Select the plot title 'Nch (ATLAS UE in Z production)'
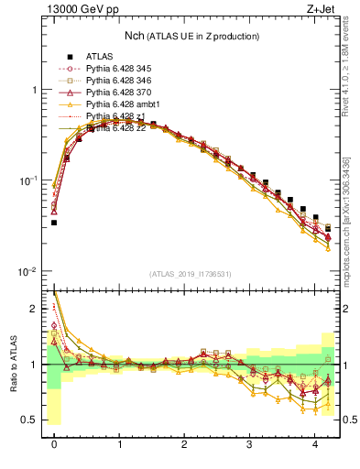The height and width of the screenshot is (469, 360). [x=192, y=36]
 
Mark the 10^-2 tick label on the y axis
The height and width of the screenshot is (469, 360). [x=29, y=271]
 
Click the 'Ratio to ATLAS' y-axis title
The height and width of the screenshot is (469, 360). [x=12, y=364]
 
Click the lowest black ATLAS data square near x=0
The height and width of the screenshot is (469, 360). [x=54, y=222]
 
